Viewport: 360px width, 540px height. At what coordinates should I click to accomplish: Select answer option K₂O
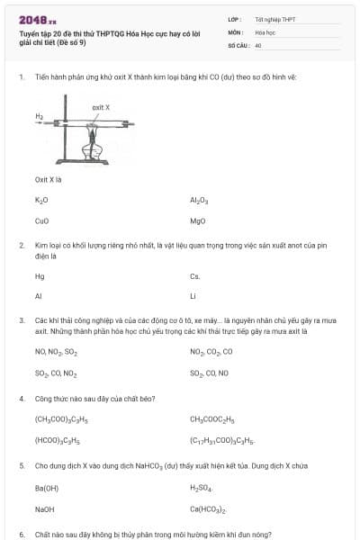click(x=41, y=200)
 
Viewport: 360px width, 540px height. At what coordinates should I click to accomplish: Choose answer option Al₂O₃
click(x=199, y=200)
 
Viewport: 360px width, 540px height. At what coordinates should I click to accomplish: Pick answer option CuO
click(x=41, y=220)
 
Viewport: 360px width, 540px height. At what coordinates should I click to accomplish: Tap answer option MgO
click(x=198, y=220)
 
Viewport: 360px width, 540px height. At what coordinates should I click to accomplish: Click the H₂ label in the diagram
click(x=40, y=116)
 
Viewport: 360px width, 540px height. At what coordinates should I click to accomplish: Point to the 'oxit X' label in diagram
click(x=101, y=107)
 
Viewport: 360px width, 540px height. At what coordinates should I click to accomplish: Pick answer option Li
click(x=193, y=295)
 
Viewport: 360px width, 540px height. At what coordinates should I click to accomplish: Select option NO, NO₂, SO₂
click(x=56, y=352)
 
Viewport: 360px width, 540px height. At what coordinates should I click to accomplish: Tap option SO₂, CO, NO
click(x=210, y=373)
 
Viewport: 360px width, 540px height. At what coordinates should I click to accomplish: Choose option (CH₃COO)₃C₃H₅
click(x=58, y=418)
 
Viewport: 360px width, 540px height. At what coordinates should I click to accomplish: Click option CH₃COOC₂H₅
click(x=211, y=418)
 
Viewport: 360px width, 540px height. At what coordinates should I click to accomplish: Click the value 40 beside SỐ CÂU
click(x=258, y=44)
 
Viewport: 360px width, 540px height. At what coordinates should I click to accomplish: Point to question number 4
click(x=21, y=397)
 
